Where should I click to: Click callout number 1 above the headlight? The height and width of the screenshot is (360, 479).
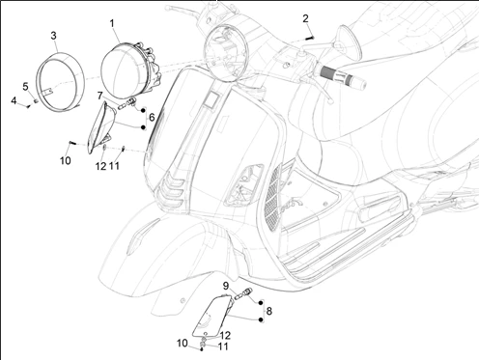coord(112,23)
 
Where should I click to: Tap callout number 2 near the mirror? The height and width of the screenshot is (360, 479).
coord(305,18)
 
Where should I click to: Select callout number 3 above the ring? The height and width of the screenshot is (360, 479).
coord(53,36)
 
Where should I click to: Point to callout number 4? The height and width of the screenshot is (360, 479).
coord(14,100)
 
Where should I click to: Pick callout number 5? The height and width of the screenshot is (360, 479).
coord(25,87)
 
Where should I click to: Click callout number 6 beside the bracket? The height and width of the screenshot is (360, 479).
coord(152,118)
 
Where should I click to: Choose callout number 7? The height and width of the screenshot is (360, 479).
coord(100,96)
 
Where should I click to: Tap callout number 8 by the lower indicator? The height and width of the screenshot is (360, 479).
coord(269,311)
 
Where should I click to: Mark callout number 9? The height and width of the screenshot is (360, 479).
coord(226,286)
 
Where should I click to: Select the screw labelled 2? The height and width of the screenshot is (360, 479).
coord(309,39)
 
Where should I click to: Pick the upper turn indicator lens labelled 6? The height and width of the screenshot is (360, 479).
coord(100,127)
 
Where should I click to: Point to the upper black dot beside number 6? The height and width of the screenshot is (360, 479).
coord(143,110)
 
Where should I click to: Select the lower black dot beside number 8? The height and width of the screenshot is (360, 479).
coord(261,319)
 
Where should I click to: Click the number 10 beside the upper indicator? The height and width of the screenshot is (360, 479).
coord(66,160)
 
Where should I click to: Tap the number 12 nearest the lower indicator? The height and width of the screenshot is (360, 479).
coord(225,336)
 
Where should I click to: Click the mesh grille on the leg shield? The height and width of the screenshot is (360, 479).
coord(273,196)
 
